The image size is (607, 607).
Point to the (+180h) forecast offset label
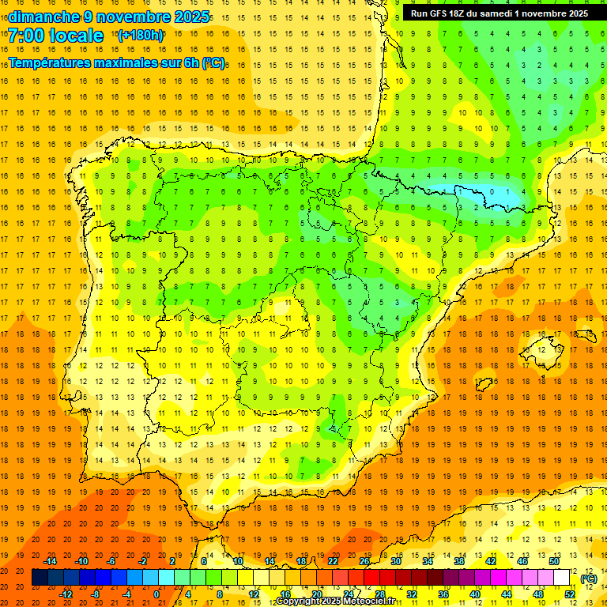(x=141, y=36)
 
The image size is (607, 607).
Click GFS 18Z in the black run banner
(x=450, y=13)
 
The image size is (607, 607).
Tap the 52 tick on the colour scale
(x=570, y=594)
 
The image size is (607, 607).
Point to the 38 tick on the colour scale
(x=459, y=561)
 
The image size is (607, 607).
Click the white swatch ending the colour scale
(x=561, y=578)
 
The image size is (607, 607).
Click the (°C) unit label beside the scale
(x=589, y=579)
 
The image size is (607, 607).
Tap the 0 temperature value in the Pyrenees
(x=492, y=190)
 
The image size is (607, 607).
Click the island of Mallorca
(x=545, y=346)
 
